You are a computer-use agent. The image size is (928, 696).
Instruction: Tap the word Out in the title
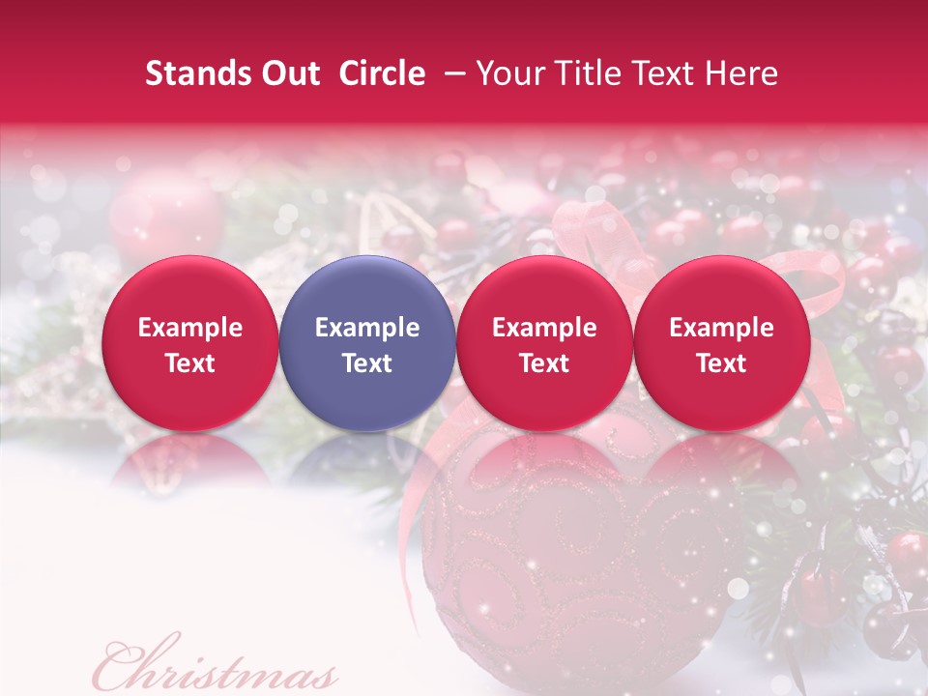(x=288, y=73)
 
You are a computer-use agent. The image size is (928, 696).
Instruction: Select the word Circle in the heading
(x=382, y=73)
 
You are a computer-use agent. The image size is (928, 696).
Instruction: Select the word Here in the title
(x=742, y=73)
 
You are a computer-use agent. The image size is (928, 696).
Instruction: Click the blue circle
(x=367, y=290)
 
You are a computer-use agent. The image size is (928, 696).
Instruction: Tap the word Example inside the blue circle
(x=367, y=328)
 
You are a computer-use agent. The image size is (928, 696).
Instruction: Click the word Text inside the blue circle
(x=367, y=363)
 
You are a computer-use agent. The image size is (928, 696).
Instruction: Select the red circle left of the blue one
(x=189, y=290)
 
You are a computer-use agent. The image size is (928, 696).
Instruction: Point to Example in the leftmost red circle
(x=189, y=328)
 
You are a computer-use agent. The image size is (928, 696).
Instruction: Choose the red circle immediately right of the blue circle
(x=544, y=290)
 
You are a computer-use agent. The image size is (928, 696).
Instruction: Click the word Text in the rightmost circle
(x=721, y=363)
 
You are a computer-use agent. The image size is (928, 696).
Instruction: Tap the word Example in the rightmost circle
(x=721, y=328)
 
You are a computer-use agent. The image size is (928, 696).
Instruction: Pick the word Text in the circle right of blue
(x=544, y=363)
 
